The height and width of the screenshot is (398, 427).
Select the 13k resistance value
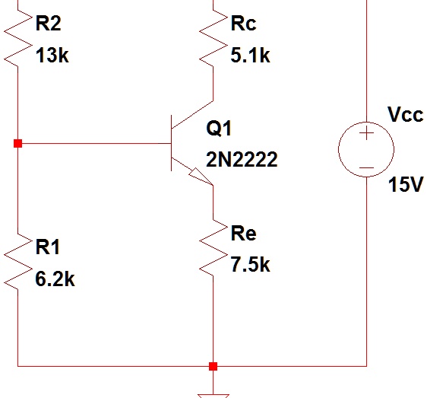[52, 56]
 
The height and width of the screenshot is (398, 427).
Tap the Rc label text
[243, 24]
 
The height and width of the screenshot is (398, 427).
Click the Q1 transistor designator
[218, 129]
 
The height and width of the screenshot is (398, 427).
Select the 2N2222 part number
[241, 161]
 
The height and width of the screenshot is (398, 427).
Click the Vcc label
[404, 115]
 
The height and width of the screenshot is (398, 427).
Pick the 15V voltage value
[404, 186]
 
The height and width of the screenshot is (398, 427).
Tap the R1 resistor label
[48, 247]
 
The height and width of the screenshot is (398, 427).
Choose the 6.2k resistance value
[55, 279]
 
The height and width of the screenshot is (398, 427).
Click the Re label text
[243, 233]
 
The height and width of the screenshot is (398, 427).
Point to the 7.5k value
[249, 265]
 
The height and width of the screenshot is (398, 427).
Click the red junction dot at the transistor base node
[17, 143]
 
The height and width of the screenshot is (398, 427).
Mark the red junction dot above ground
[213, 366]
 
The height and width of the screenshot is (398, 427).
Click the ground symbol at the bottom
[213, 391]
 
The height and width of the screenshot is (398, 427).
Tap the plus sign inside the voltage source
[366, 135]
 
